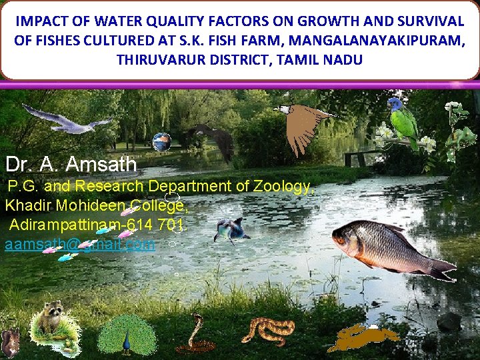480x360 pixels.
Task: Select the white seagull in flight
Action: coord(67,121)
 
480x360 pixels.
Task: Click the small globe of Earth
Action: coord(161,142)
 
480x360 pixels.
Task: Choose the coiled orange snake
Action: coord(268,331)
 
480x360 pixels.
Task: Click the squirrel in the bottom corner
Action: coord(9,344)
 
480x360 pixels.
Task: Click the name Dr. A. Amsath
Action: coord(71,164)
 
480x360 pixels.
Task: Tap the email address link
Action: coord(79,245)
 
